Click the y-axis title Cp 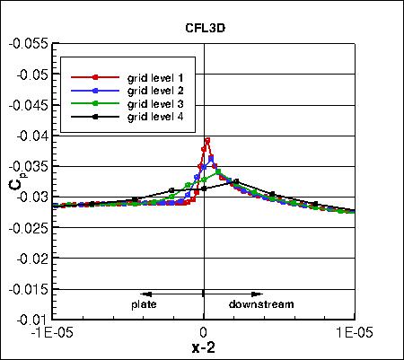click(15, 181)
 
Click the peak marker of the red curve click(207, 140)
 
